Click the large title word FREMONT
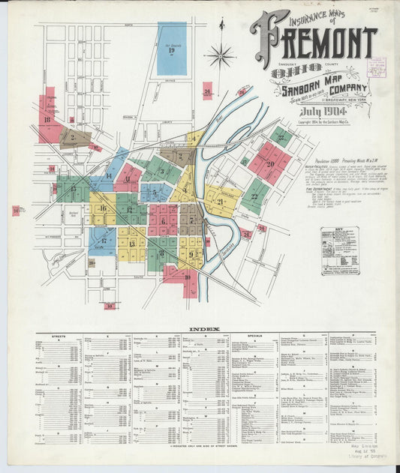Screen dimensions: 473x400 pos(315,43)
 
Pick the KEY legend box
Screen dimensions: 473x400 pos(339,250)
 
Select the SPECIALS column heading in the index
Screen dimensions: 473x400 pos(253,337)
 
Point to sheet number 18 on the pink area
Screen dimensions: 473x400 pos(47,119)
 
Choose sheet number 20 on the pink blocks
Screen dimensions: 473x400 pos(269,163)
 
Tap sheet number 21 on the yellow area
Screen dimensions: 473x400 pos(221,202)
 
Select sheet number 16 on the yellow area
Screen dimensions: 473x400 pos(103,208)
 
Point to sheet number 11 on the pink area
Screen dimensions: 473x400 pos(128,178)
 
